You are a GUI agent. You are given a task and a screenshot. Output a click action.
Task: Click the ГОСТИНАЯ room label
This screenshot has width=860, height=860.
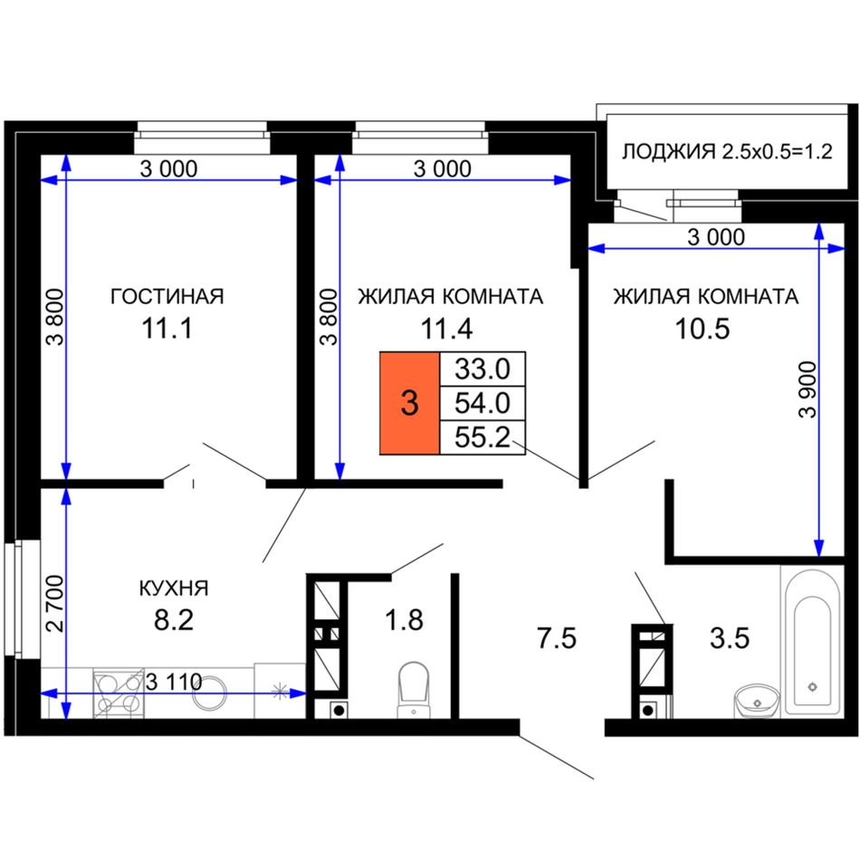167,296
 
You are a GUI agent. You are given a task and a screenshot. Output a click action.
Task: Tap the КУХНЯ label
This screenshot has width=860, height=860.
174,588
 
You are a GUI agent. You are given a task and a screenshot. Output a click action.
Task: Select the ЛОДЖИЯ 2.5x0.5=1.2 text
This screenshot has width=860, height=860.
727,151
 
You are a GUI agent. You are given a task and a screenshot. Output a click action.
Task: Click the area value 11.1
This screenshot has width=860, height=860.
167,329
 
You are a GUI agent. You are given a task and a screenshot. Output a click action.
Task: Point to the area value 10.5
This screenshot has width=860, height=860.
702,329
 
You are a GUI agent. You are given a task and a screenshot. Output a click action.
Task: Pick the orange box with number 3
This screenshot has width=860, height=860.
410,403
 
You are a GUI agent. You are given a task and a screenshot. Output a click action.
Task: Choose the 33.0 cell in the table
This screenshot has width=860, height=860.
483,369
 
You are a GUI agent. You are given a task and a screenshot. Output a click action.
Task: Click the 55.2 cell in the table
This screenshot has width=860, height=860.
483,437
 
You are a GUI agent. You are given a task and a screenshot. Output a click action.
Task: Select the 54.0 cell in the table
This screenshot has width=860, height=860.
483,404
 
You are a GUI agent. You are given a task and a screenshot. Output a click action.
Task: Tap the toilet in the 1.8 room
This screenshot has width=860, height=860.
414,690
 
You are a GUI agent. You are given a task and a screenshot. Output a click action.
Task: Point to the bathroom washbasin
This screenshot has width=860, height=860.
757,701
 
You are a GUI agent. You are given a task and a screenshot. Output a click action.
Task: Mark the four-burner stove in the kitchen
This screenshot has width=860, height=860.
119,693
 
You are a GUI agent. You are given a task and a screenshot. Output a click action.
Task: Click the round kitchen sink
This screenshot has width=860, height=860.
209,693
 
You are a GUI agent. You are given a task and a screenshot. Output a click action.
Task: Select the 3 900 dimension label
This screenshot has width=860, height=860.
807,390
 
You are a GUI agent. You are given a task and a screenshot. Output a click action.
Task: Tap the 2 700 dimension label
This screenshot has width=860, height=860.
55,603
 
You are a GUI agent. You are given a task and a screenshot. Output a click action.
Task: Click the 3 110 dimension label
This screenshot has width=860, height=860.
174,683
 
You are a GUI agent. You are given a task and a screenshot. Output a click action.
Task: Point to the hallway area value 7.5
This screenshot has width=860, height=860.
557,639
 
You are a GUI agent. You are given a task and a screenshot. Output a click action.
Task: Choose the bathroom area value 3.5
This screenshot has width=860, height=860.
730,639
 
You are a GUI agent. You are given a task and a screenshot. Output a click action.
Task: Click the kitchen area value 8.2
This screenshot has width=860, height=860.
174,621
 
